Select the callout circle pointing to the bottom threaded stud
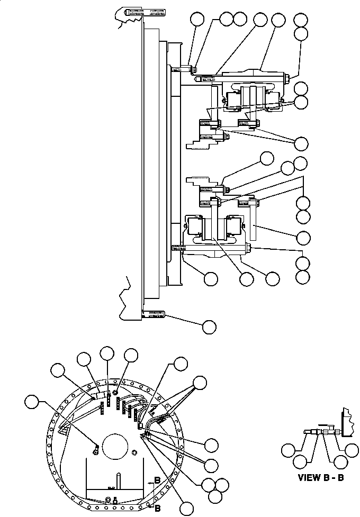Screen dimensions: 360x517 tap(209, 326)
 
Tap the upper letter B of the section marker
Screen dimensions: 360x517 tap(157, 480)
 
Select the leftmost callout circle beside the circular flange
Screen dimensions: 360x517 tap(32, 402)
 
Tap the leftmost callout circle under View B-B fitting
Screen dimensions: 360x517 tap(289, 450)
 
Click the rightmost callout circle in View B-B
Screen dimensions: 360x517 tap(352, 450)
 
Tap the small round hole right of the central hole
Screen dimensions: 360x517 tap(134, 451)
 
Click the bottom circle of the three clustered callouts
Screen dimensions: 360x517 tap(215, 496)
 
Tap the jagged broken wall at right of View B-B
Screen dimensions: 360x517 tap(348, 422)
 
